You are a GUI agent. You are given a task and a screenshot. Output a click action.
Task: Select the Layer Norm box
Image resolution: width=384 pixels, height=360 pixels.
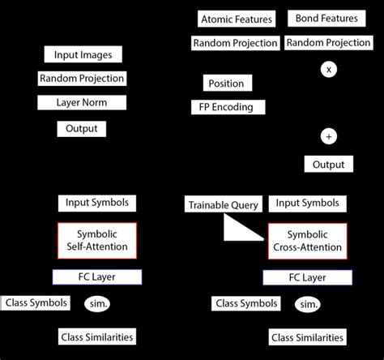pos(82,103)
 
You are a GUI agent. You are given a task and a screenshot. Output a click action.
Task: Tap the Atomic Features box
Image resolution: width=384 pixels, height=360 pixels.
pos(237,19)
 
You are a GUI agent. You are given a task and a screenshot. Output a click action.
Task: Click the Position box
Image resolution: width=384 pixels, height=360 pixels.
pos(226,84)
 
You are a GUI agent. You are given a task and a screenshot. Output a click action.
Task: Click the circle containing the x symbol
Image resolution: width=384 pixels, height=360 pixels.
pos(328,70)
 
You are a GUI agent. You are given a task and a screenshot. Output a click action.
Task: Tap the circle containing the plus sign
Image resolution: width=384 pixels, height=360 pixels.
pos(328,135)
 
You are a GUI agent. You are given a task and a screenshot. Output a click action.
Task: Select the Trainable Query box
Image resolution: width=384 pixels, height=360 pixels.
pos(223,205)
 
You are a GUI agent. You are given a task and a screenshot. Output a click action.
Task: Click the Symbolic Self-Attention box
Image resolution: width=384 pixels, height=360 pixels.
pos(97,239)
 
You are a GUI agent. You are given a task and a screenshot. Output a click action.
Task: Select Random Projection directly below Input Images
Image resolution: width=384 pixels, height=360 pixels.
pos(82,79)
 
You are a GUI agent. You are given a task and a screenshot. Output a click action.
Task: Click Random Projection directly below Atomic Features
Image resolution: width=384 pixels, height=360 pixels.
pos(236,43)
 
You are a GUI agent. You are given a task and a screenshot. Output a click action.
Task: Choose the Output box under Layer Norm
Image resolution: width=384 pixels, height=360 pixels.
pos(82,129)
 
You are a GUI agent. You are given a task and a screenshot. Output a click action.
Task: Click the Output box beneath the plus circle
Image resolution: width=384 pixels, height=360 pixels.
pos(329,165)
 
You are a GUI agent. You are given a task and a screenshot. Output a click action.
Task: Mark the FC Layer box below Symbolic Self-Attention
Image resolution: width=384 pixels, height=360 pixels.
pos(97,276)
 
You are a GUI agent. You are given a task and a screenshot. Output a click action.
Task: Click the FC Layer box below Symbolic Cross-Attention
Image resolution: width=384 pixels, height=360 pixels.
pos(308,278)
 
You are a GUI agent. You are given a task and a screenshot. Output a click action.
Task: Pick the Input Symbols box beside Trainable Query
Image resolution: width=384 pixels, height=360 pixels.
pos(308,204)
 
